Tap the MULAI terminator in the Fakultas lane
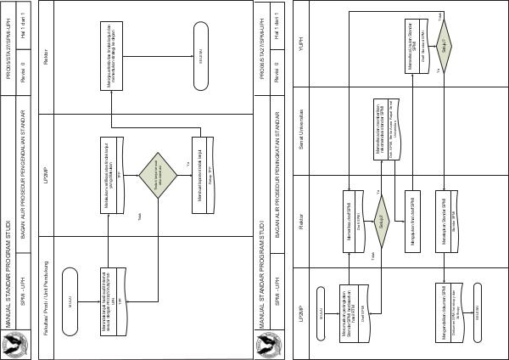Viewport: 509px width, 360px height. coord(70,298)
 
